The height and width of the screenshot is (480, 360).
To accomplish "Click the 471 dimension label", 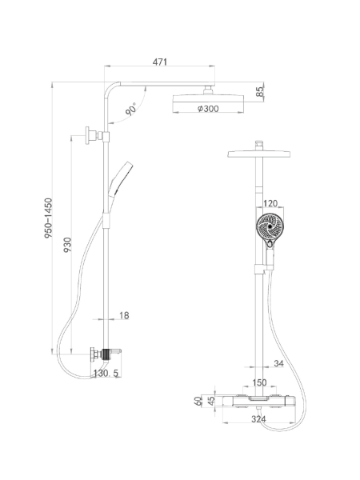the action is click(160, 62).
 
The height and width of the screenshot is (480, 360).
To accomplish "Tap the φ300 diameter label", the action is click(208, 108).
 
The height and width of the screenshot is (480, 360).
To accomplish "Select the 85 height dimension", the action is click(260, 91).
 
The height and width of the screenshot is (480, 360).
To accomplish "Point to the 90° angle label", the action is click(131, 110).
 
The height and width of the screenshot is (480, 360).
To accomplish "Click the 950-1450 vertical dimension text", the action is click(48, 218).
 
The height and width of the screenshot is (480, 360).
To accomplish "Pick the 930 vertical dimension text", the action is click(67, 245).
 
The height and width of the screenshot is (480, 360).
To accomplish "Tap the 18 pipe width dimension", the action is click(124, 315).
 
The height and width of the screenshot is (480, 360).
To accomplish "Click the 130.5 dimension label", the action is click(106, 373).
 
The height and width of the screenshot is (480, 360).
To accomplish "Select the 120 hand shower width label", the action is click(270, 203).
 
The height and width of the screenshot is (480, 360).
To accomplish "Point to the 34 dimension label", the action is click(278, 363).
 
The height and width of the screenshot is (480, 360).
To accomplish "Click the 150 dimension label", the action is click(259, 382).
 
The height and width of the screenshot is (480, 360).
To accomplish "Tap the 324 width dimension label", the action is click(258, 419).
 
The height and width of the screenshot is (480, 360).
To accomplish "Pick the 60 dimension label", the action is click(198, 401).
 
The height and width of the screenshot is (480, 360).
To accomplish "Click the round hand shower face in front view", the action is click(270, 227).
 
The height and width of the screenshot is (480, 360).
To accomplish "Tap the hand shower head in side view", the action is click(122, 178).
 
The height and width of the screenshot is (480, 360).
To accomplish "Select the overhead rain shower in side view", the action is click(209, 98).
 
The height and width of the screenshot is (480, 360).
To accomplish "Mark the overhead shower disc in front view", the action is click(259, 154).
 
